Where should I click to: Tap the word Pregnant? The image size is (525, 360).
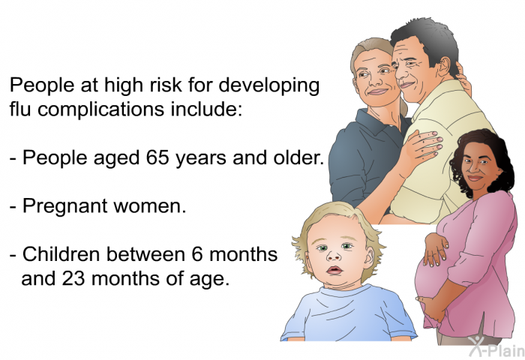(x=64, y=207)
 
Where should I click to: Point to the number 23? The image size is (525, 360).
(x=73, y=278)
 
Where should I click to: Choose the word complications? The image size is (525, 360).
(x=100, y=109)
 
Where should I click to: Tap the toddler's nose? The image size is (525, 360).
(x=334, y=256)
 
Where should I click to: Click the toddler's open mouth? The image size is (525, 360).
(x=334, y=270)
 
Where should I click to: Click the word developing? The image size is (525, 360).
(x=268, y=85)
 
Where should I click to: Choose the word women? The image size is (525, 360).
(x=149, y=206)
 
